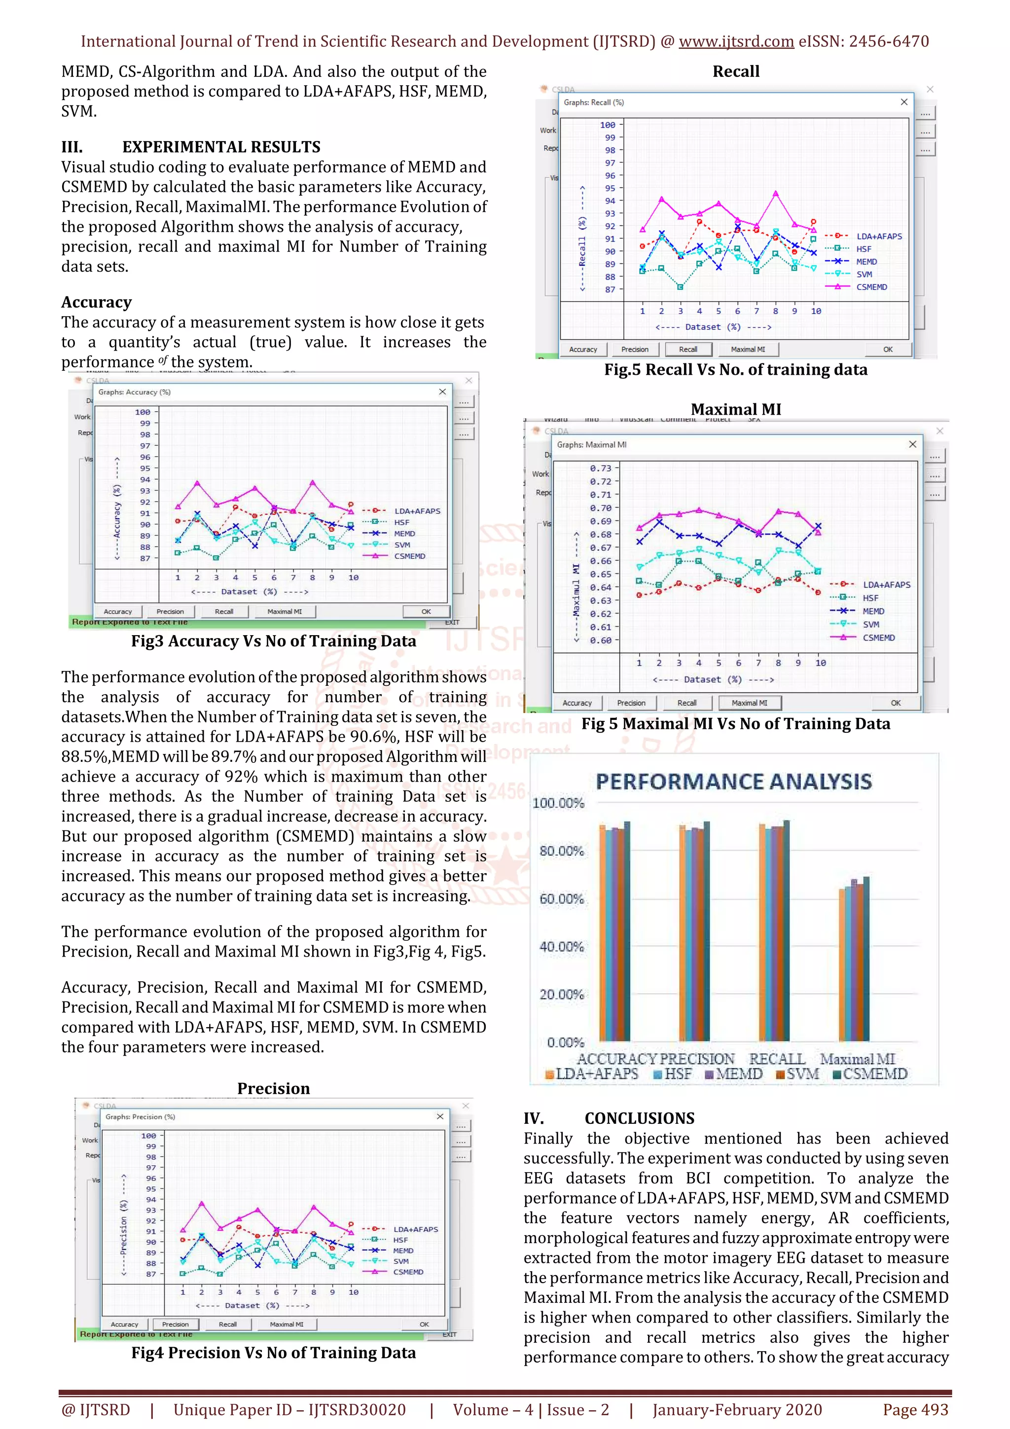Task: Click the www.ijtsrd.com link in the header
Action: (736, 42)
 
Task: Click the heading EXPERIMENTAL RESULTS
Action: (221, 147)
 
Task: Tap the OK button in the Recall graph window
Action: (887, 349)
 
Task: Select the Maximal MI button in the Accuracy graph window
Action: (285, 611)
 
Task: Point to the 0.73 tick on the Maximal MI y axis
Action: (601, 468)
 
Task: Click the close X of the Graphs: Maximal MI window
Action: (912, 444)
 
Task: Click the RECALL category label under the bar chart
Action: (776, 1059)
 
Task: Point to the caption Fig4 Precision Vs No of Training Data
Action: (273, 1353)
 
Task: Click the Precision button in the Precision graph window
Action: (175, 1324)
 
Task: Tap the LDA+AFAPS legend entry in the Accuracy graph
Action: (416, 511)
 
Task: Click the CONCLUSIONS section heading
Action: (639, 1118)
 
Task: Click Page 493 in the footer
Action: (915, 1409)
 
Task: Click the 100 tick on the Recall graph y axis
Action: (608, 125)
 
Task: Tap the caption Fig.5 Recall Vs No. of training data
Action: (736, 370)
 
